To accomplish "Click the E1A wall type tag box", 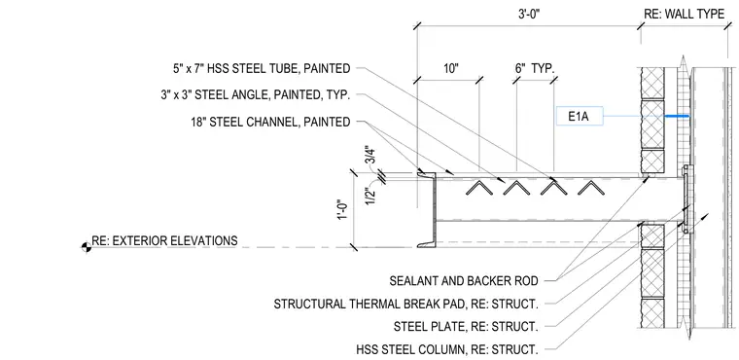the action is pyautogui.click(x=580, y=116).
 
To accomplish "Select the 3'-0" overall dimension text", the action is pyautogui.click(x=527, y=15).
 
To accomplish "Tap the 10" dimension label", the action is pyautogui.click(x=450, y=69).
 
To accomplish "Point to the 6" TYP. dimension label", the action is pyautogui.click(x=535, y=69).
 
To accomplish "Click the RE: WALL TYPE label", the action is pyautogui.click(x=684, y=15).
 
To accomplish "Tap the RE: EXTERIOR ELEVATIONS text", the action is pyautogui.click(x=164, y=240).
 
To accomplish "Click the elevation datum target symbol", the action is pyautogui.click(x=87, y=247).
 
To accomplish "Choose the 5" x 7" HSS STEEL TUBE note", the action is pyautogui.click(x=262, y=68).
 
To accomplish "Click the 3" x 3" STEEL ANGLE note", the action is pyautogui.click(x=255, y=94).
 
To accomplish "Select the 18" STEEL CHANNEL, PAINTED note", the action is pyautogui.click(x=269, y=122).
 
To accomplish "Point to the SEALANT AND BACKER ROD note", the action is pyautogui.click(x=464, y=281).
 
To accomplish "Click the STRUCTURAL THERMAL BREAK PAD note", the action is pyautogui.click(x=405, y=304).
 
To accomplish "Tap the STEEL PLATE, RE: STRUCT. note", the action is pyautogui.click(x=466, y=327).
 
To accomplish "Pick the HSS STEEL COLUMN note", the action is pyautogui.click(x=447, y=349).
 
